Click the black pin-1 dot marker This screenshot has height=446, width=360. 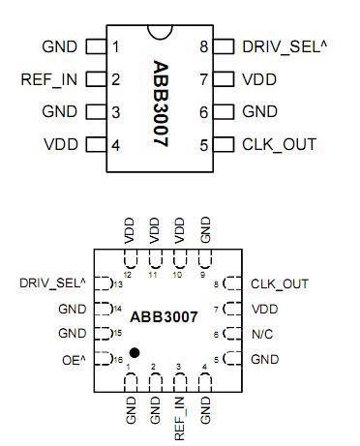134,351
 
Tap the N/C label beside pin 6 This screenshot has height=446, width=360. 262,334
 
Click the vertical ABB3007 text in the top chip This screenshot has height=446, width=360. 162,103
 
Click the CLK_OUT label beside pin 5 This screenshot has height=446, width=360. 279,146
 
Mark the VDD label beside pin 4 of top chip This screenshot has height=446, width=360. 61,146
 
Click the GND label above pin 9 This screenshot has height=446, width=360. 204,230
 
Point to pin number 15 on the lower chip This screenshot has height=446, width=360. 117,334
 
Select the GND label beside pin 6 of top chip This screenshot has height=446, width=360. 259,112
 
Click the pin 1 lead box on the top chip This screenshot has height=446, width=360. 95,46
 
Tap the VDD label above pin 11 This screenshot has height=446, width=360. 154,230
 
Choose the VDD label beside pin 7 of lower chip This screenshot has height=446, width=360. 263,309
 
